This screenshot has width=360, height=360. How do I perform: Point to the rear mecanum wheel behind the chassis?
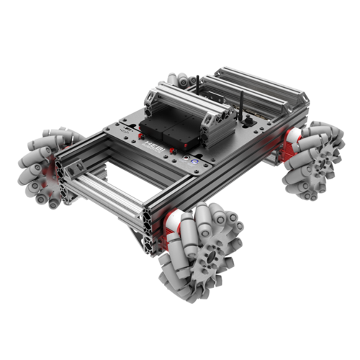tap(179, 80)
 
